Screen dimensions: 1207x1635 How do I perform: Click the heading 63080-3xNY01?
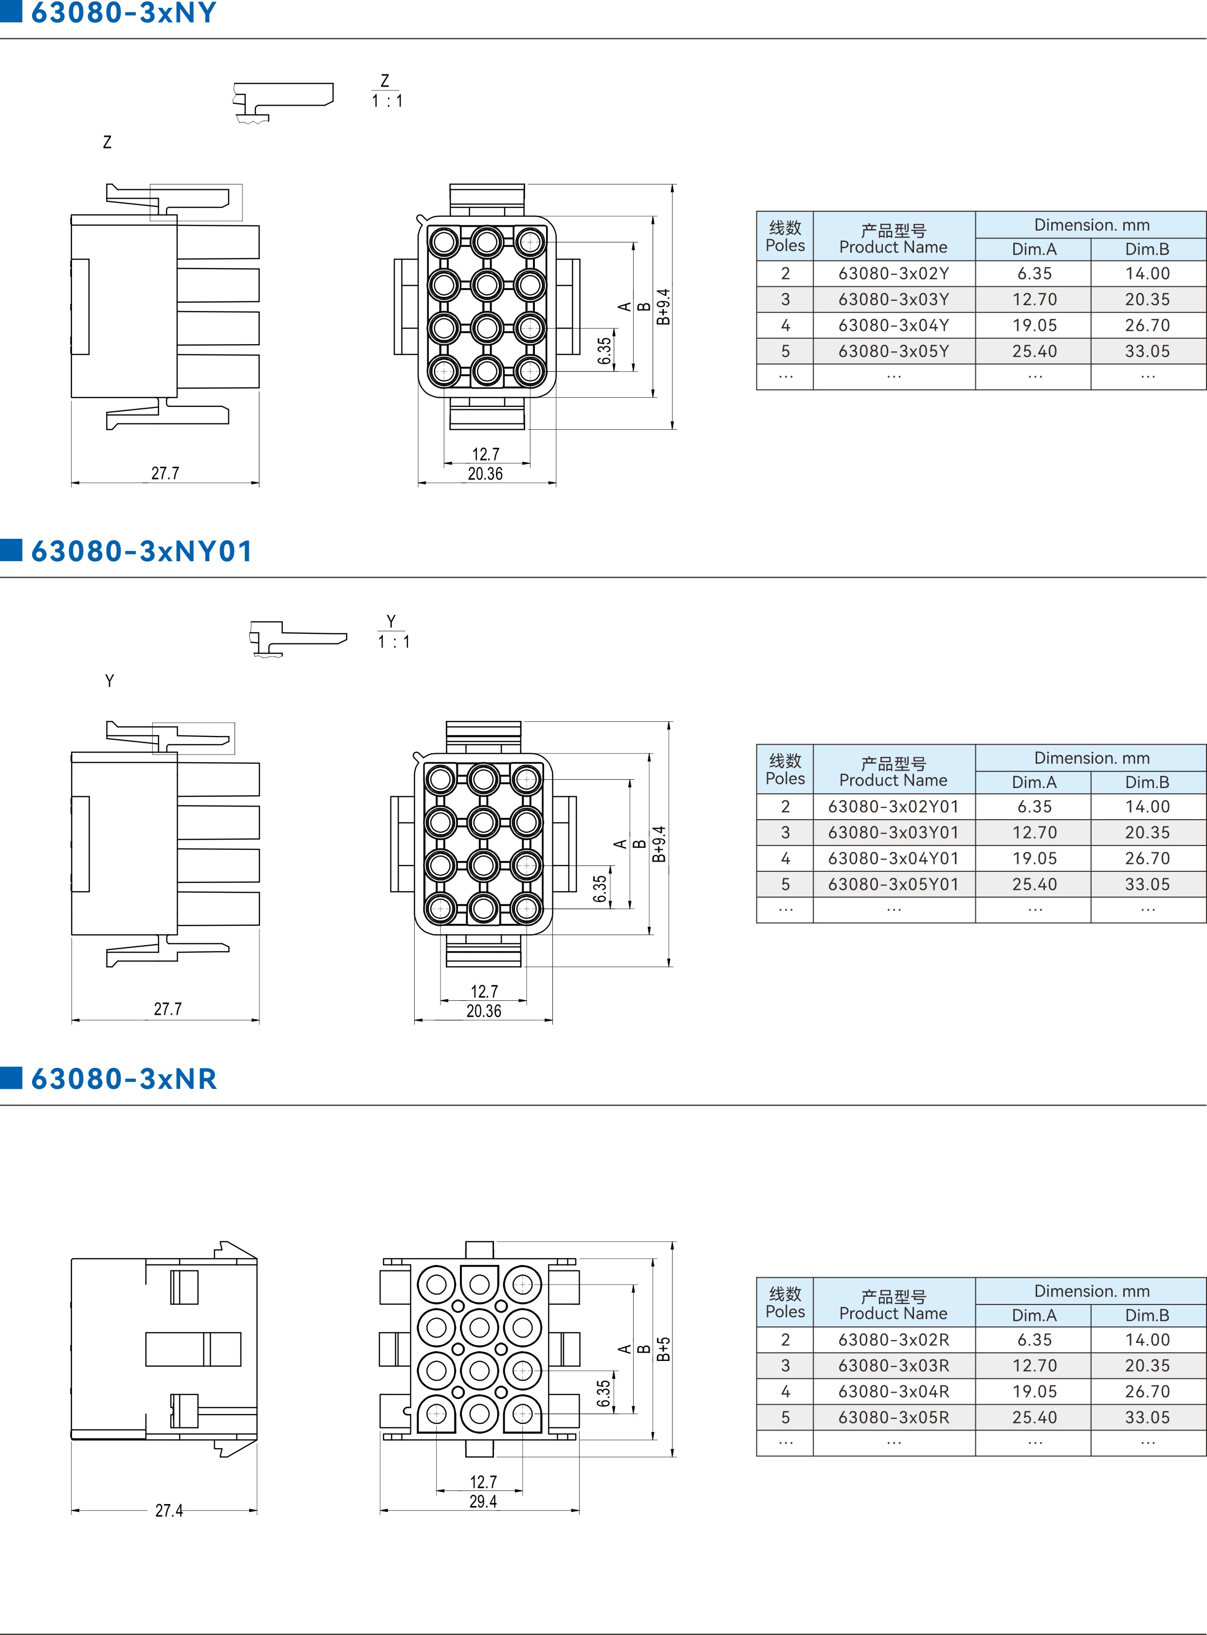tap(142, 551)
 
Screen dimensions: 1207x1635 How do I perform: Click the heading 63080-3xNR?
tap(124, 1079)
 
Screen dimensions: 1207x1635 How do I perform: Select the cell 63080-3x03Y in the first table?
tap(894, 299)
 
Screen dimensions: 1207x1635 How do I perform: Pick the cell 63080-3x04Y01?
tap(894, 859)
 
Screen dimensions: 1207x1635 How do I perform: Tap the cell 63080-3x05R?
tap(894, 1417)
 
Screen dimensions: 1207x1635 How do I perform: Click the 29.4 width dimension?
tap(483, 1501)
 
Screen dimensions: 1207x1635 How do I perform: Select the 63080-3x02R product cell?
tap(894, 1340)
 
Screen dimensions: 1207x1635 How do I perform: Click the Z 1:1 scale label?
tap(386, 92)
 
